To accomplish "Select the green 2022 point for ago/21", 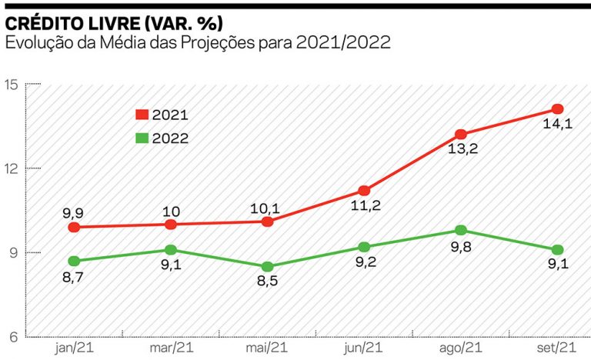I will click(x=460, y=230).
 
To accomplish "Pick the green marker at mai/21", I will click(x=267, y=266).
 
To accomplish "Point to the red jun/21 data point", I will click(x=364, y=190).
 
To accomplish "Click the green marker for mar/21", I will click(x=170, y=249).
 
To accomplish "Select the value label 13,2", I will click(x=462, y=149).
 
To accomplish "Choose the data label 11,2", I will click(x=365, y=206).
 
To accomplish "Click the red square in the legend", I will click(x=142, y=115).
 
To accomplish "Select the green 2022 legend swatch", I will click(x=142, y=138).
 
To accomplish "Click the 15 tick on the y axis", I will click(x=12, y=84).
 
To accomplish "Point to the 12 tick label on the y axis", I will click(x=12, y=168).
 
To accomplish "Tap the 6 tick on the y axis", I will click(x=14, y=337).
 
